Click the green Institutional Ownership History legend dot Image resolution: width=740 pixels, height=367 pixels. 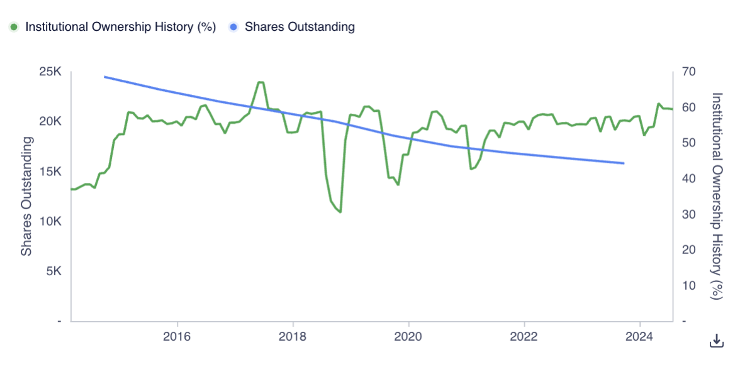(14, 27)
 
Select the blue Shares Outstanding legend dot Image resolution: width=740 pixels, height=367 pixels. (233, 27)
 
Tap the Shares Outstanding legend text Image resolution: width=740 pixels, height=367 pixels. (300, 27)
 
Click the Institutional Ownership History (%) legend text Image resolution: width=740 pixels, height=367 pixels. (120, 27)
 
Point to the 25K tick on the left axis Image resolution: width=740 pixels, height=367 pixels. (50, 72)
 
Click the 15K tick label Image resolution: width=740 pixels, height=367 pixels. (50, 172)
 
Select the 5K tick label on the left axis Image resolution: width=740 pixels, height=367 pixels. (53, 271)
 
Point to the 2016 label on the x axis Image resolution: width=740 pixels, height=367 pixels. (177, 338)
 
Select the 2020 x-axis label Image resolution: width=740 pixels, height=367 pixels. (409, 338)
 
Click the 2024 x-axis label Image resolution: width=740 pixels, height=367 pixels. (639, 338)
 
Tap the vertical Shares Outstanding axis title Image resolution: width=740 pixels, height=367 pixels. (28, 197)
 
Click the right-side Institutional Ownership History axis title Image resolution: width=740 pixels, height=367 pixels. (717, 196)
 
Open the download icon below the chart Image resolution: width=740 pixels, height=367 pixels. (716, 340)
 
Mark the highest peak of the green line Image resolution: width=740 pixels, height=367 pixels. (260, 82)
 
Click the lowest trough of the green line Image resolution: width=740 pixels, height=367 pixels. (340, 212)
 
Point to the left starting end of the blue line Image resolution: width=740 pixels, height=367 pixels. (104, 76)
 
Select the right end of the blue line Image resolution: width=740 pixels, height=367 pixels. (624, 163)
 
